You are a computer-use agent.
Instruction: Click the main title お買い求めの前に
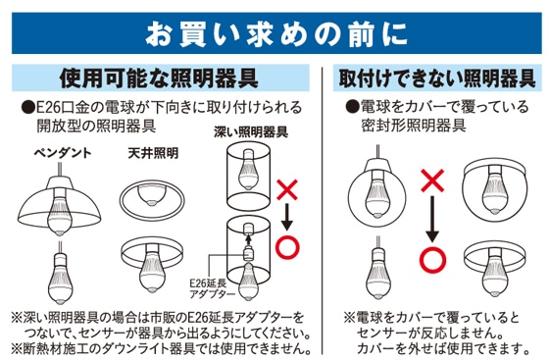[276, 34]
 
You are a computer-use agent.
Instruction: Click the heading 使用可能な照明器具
[159, 78]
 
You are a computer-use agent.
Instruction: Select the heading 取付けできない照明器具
[437, 78]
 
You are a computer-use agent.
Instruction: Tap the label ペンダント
[63, 153]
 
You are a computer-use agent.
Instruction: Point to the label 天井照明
[153, 153]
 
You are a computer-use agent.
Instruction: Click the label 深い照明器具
[251, 132]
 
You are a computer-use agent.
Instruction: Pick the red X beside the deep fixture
[287, 189]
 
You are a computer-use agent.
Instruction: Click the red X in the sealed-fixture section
[432, 180]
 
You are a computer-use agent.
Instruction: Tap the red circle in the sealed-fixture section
[432, 260]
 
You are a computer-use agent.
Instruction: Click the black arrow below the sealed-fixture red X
[432, 219]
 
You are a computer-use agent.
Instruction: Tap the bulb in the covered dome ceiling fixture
[494, 191]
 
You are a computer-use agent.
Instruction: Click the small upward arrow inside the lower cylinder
[248, 239]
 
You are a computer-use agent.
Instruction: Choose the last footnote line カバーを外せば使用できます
[442, 348]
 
